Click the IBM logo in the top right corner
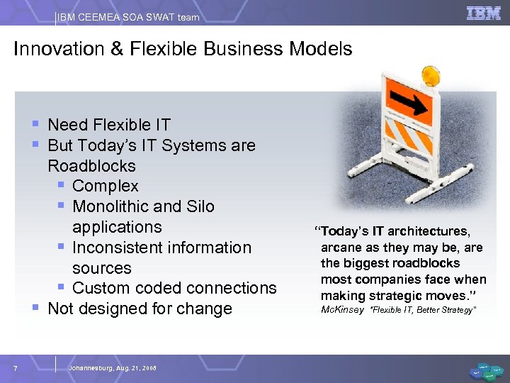pyautogui.click(x=483, y=13)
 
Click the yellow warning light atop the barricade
pyautogui.click(x=431, y=74)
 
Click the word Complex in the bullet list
pyautogui.click(x=106, y=187)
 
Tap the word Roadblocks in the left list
pyautogui.click(x=91, y=166)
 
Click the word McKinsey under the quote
pyautogui.click(x=342, y=310)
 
